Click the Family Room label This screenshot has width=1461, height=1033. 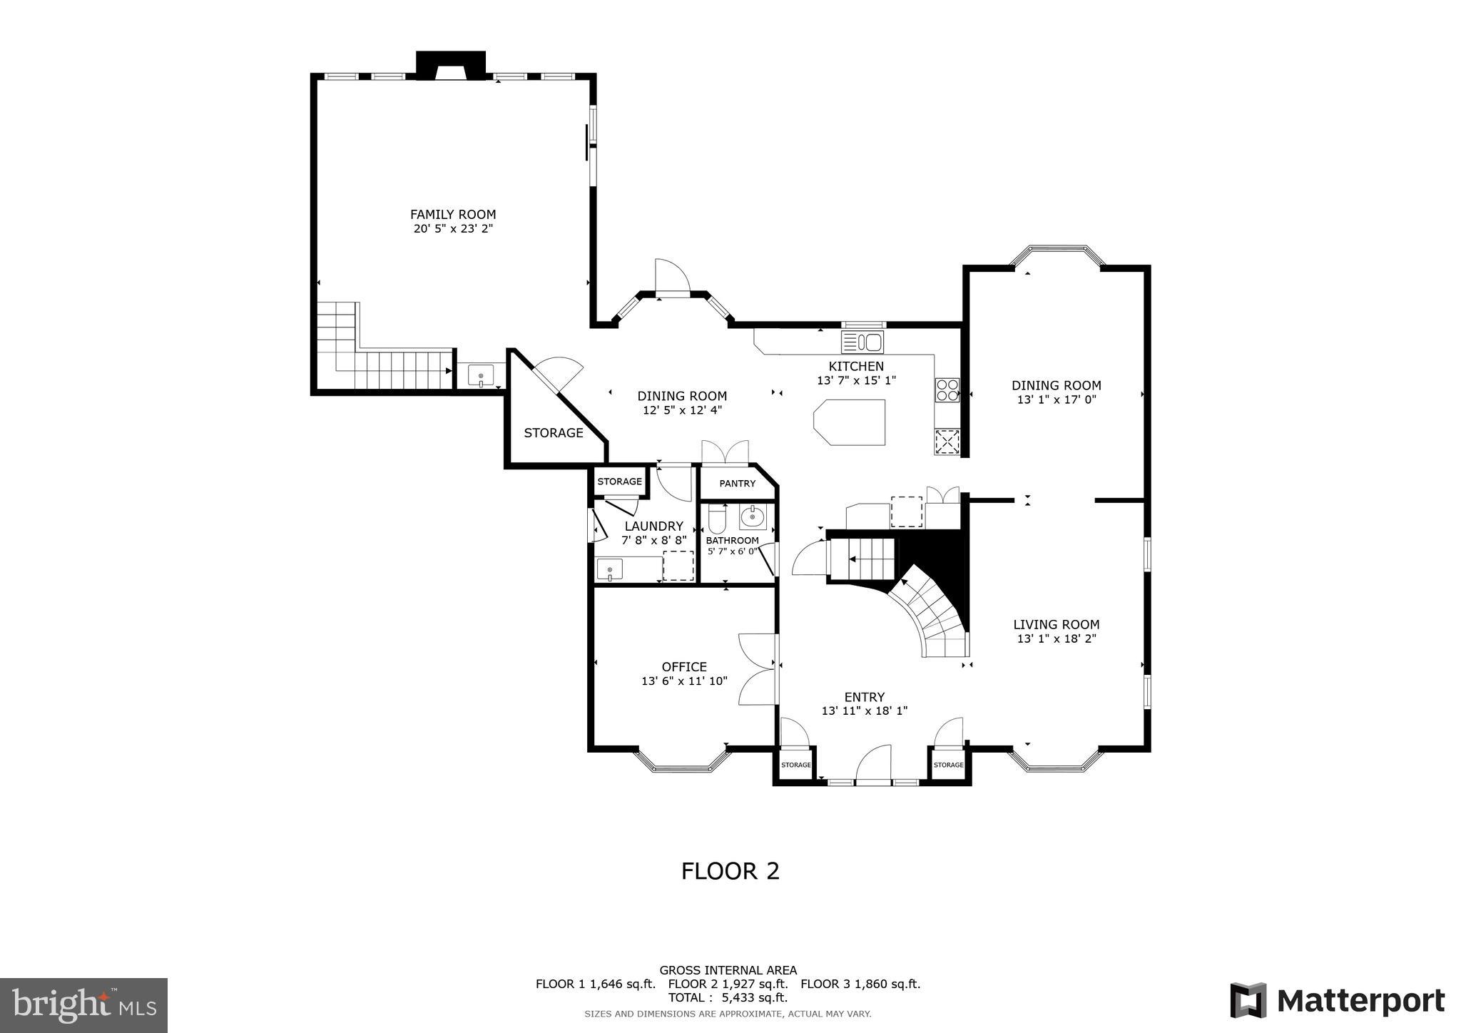click(x=452, y=214)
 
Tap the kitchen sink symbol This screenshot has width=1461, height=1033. click(x=862, y=342)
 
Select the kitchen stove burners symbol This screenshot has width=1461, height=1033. click(x=947, y=390)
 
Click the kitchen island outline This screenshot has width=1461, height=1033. click(x=849, y=422)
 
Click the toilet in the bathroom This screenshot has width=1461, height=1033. click(x=717, y=519)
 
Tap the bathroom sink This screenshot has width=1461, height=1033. click(x=752, y=516)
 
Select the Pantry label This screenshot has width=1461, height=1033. click(x=737, y=484)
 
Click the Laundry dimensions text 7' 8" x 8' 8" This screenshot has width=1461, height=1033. click(x=654, y=541)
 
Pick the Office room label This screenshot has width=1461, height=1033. click(x=684, y=666)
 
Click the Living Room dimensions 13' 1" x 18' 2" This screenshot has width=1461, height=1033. click(x=1056, y=638)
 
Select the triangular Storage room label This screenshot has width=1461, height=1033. click(x=554, y=432)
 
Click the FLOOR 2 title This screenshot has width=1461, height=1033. click(x=730, y=871)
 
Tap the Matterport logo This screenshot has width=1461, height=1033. click(x=1337, y=1000)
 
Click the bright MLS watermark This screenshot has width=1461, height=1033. click(x=84, y=1005)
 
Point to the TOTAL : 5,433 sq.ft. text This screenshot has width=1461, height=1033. click(x=728, y=997)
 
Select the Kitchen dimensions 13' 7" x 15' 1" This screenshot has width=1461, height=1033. click(x=856, y=381)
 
